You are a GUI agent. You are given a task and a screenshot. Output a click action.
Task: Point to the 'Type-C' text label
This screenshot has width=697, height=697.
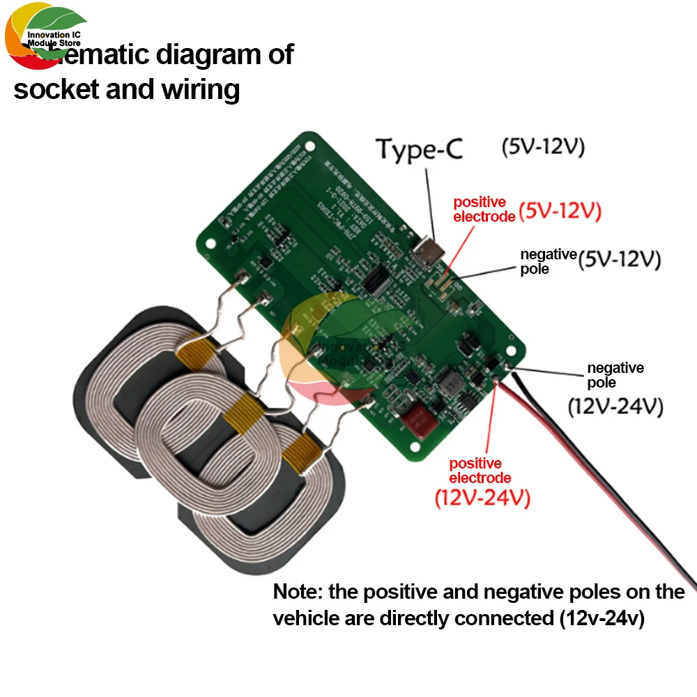pyautogui.click(x=419, y=150)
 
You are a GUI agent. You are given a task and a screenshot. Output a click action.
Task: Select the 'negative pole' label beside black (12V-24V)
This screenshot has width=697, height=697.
pyautogui.click(x=615, y=375)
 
